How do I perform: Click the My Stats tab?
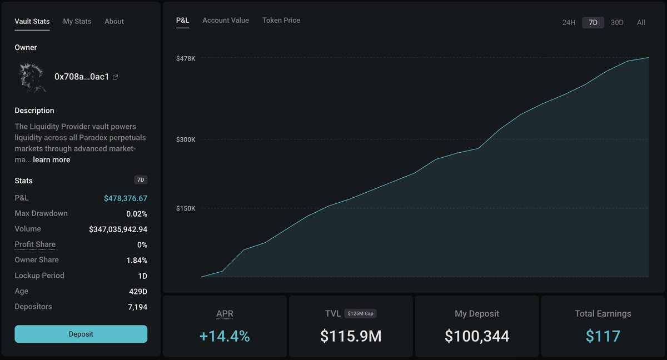pos(77,21)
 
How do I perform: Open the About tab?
pos(114,21)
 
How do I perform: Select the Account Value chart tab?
pos(226,20)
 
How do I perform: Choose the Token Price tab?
pos(281,20)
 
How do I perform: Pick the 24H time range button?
pos(569,23)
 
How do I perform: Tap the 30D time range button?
pos(617,23)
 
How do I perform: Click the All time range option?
pos(641,23)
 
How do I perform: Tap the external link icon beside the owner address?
pos(116,77)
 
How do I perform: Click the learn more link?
pos(52,160)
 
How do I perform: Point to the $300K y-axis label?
pos(186,139)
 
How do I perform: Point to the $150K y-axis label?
pos(186,208)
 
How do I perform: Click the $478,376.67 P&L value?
pos(126,198)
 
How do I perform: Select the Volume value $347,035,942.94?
pos(118,229)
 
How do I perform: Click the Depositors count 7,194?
pos(137,307)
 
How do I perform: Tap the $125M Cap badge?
pos(361,314)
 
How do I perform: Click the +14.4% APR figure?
pos(225,336)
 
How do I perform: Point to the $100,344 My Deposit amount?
pos(477,336)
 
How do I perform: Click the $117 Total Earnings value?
pos(603,336)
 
